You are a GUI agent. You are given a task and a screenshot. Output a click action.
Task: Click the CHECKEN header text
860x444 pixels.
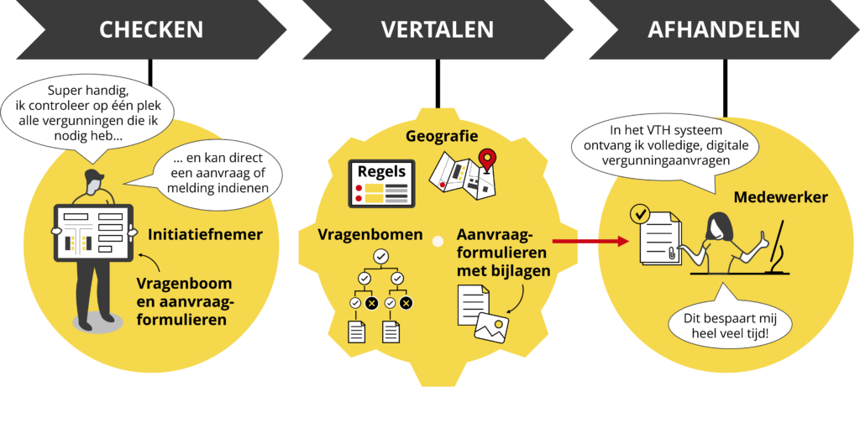151,30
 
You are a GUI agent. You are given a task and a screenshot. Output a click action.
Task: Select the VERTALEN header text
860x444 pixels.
437,30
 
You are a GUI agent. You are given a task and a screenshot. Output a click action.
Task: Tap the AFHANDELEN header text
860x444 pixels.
723,30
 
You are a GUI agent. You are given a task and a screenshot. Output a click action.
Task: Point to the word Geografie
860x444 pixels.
442,136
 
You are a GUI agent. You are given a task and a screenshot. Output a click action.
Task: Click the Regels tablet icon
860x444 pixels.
382,183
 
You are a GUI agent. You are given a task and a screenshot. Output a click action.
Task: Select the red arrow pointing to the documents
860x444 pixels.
595,242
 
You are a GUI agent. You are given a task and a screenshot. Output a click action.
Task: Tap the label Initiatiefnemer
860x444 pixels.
206,235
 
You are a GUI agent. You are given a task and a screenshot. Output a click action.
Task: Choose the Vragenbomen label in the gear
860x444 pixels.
370,235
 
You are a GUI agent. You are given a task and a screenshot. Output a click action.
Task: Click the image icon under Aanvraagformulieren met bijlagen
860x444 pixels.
491,326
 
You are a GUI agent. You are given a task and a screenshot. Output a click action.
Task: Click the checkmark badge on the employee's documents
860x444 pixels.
640,216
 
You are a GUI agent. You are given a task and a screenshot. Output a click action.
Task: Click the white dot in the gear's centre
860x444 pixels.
437,242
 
